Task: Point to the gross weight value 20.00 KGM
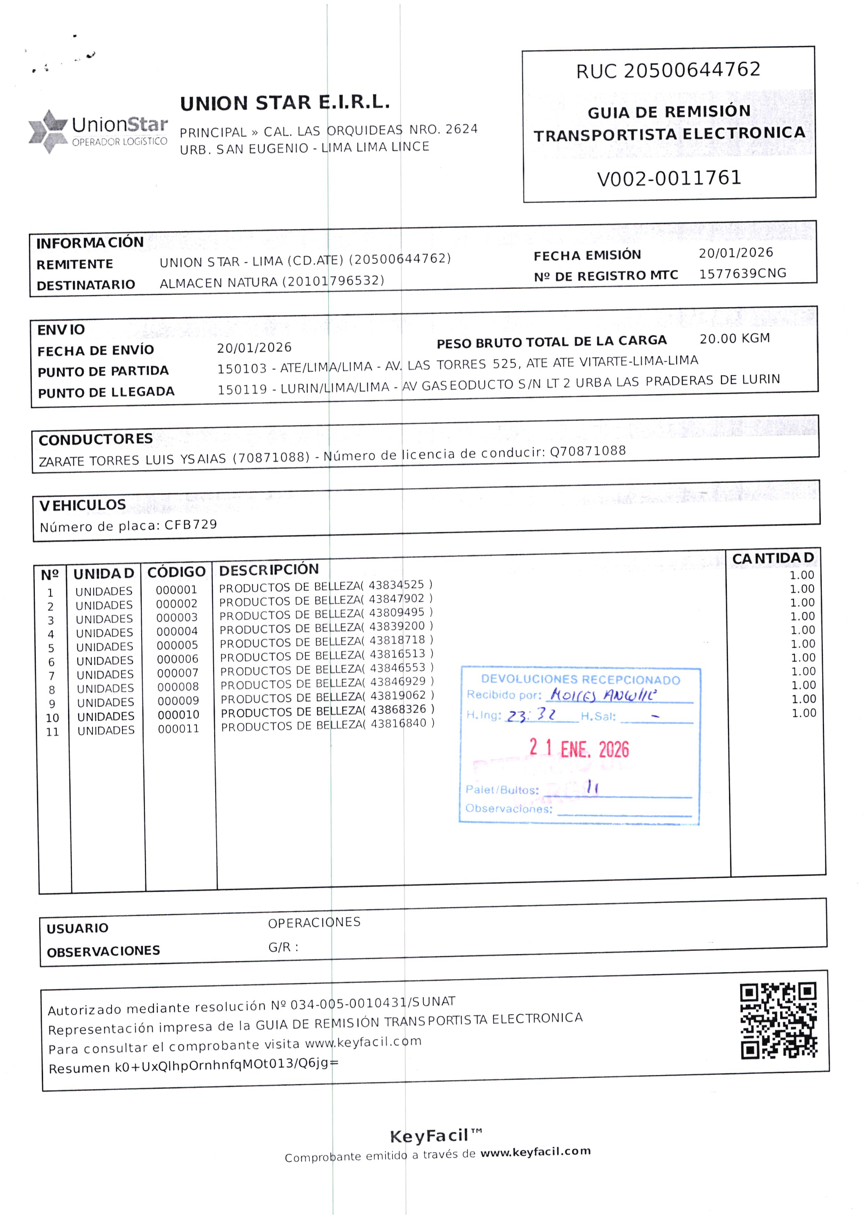(x=735, y=338)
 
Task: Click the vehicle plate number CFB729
(x=191, y=524)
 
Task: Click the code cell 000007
(x=178, y=673)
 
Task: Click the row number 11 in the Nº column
(x=52, y=732)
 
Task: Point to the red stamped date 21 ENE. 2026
(x=579, y=748)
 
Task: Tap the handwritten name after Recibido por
(x=603, y=694)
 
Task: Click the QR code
(x=778, y=1021)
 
